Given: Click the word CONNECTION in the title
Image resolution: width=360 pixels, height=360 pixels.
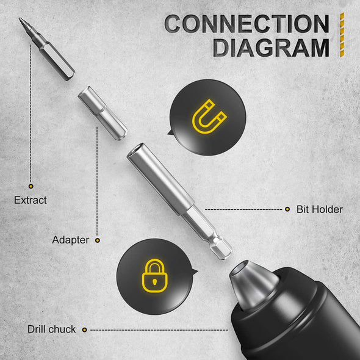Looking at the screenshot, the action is pyautogui.click(x=247, y=23).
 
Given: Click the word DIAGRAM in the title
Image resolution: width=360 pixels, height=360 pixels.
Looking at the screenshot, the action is pyautogui.click(x=271, y=48).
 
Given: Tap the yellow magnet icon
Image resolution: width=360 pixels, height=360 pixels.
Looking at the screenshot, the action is pyautogui.click(x=209, y=116).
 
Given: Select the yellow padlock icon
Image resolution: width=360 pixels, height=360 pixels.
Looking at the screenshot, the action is pyautogui.click(x=154, y=276).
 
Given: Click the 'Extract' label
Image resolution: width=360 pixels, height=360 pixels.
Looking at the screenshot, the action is pyautogui.click(x=31, y=200).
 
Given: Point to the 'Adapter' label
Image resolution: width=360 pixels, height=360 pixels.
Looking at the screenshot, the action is pyautogui.click(x=71, y=240).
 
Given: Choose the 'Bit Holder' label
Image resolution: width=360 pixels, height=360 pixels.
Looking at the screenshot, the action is pyautogui.click(x=320, y=209).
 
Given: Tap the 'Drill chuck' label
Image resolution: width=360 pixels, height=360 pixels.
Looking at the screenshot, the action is pyautogui.click(x=51, y=329).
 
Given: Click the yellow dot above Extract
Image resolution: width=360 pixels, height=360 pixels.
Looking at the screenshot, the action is pyautogui.click(x=31, y=186).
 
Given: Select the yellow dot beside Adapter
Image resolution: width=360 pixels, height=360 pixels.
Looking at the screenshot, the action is pyautogui.click(x=98, y=240).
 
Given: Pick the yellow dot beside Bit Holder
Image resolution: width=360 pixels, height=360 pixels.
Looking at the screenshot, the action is pyautogui.click(x=287, y=209).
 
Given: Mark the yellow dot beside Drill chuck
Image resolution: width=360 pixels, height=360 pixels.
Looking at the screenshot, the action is pyautogui.click(x=84, y=330).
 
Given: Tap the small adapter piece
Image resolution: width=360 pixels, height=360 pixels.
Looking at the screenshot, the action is pyautogui.click(x=103, y=113).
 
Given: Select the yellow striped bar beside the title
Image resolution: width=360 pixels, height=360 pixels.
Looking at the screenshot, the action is pyautogui.click(x=342, y=35).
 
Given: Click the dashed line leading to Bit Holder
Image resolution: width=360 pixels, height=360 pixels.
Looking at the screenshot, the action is pyautogui.click(x=243, y=209).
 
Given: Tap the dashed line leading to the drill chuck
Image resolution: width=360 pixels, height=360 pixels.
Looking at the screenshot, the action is pyautogui.click(x=159, y=330).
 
